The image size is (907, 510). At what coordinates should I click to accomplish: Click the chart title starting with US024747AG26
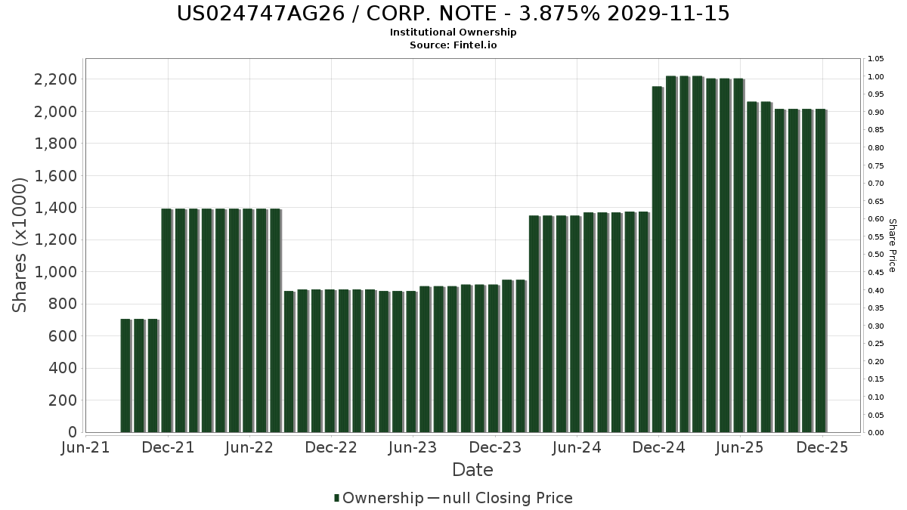(453, 14)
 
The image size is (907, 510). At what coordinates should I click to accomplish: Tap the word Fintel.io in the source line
(475, 45)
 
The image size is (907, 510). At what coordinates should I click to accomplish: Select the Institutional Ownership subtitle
(453, 32)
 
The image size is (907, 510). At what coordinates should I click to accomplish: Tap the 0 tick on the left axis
(73, 432)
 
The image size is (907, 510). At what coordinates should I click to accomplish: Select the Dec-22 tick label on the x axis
(331, 447)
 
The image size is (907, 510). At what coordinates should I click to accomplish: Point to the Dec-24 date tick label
(658, 447)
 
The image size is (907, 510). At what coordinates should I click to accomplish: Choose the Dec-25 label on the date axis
(822, 447)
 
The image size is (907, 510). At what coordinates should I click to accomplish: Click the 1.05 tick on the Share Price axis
(875, 59)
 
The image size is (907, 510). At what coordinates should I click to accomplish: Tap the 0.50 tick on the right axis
(875, 255)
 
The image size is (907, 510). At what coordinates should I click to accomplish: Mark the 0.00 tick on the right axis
(875, 433)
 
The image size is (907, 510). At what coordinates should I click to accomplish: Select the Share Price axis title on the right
(892, 246)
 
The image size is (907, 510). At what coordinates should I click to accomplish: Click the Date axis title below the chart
(472, 470)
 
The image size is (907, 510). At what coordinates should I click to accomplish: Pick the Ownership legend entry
(379, 498)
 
